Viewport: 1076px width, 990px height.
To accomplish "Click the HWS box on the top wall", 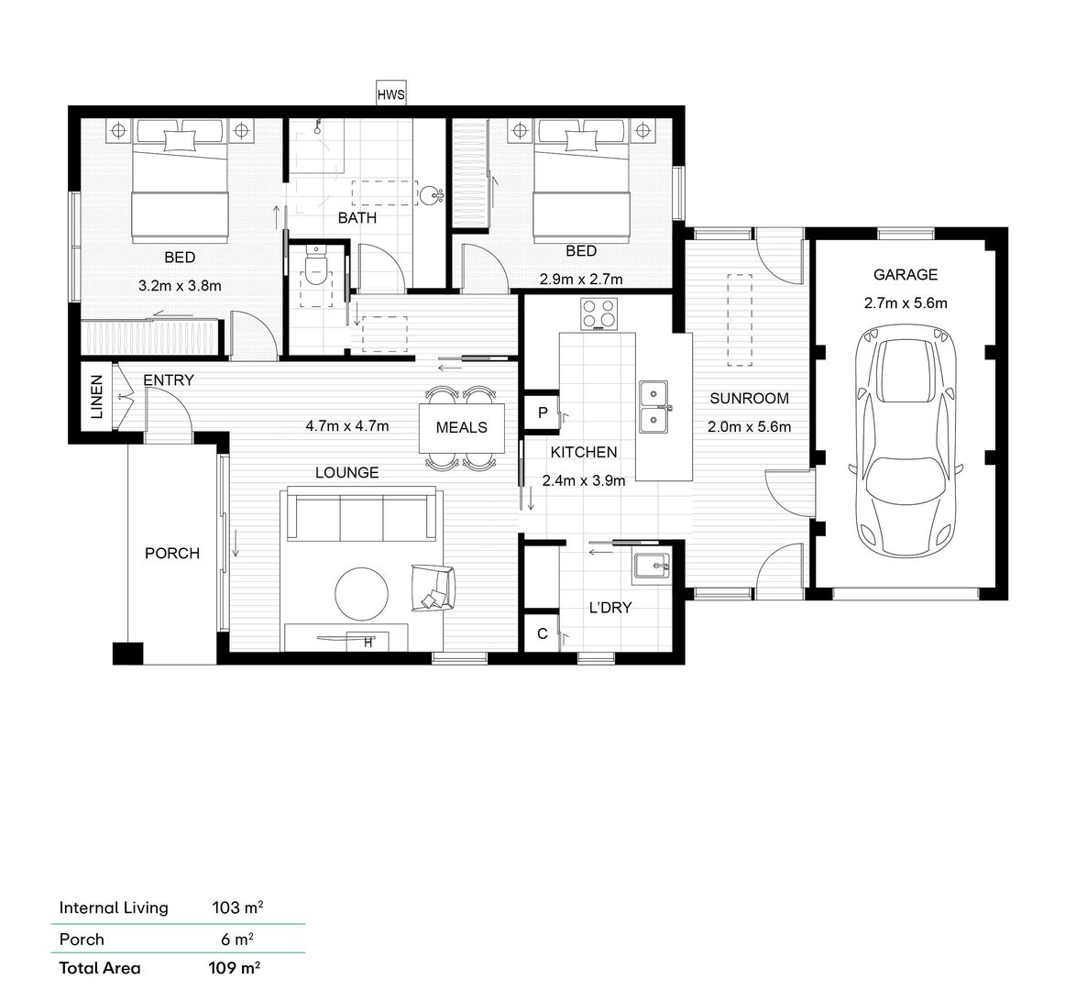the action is click(x=390, y=94).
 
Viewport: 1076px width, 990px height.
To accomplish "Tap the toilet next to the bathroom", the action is click(x=315, y=267).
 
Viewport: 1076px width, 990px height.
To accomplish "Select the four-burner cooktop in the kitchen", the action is click(x=598, y=313).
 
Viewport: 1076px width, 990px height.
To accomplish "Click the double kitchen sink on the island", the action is click(x=654, y=406).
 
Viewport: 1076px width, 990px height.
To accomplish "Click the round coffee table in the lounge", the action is click(x=362, y=592).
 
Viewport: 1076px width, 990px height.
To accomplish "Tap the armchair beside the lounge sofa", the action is click(x=433, y=588).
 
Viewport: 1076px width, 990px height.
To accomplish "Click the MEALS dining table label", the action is click(x=462, y=428).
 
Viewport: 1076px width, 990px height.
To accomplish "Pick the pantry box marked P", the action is click(x=542, y=412).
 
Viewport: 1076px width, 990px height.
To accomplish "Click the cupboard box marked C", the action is click(x=542, y=633).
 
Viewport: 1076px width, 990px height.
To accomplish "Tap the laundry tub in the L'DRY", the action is click(x=651, y=567).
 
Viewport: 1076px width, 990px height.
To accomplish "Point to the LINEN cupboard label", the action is click(x=97, y=397).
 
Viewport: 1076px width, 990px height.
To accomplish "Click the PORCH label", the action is click(x=172, y=554).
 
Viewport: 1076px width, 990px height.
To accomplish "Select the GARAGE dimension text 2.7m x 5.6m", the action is click(x=906, y=303).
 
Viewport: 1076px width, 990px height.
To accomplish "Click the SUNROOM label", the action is click(x=750, y=398).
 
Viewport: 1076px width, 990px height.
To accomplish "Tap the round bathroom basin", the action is click(x=430, y=195).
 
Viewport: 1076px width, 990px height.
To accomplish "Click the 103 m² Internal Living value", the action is click(x=237, y=907).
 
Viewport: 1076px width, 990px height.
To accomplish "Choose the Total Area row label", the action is click(x=100, y=968).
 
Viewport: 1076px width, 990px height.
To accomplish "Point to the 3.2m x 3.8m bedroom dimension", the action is click(x=180, y=286).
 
